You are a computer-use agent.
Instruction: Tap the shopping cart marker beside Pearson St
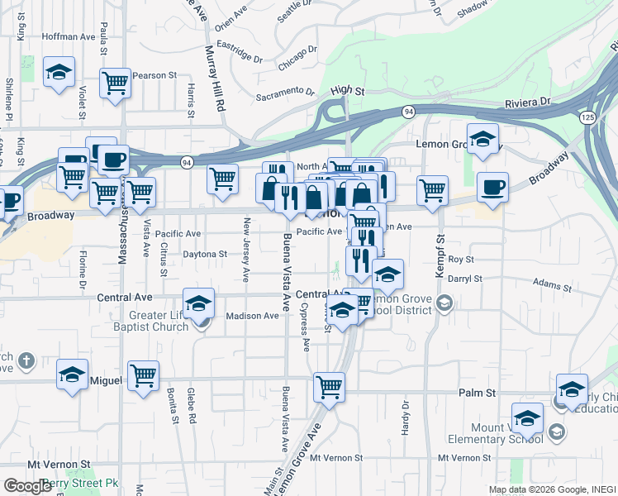pos(115,83)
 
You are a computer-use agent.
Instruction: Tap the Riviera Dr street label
pos(527,102)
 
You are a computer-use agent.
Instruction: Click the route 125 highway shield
pos(587,117)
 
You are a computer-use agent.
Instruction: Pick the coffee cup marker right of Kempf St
pos(493,188)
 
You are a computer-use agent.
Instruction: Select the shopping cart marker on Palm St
pos(330,386)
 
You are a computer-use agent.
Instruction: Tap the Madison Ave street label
pos(253,316)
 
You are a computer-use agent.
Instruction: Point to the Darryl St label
pos(464,279)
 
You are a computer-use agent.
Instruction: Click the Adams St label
pos(552,283)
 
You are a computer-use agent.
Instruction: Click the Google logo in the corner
pos(27,486)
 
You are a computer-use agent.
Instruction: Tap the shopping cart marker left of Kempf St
pos(432,190)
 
